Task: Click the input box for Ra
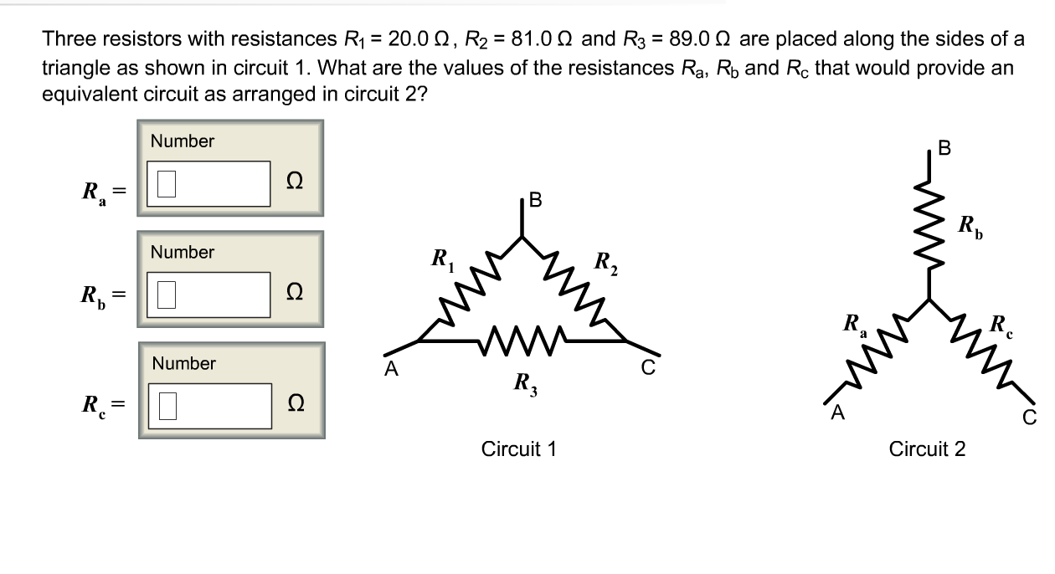209,183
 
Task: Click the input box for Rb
209,294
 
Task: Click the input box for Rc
209,406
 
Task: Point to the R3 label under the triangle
527,386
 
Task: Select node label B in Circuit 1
536,202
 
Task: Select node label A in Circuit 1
389,369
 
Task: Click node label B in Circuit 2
945,149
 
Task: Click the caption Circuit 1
518,449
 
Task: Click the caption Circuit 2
927,449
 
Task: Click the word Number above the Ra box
183,141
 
